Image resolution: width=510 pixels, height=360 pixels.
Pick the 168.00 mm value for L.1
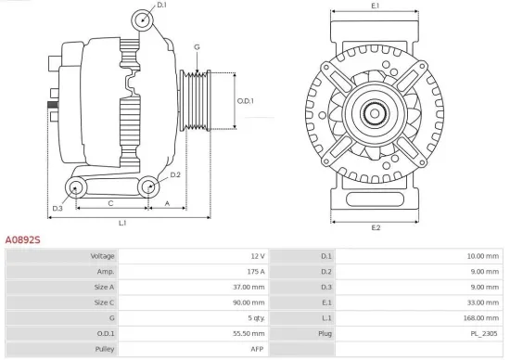pos(482,317)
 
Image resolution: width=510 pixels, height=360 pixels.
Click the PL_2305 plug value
pos(485,332)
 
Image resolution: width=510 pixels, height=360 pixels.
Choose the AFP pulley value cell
pos(258,348)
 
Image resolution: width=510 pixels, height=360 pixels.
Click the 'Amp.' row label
pos(105,271)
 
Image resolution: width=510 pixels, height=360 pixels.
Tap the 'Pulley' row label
pos(104,348)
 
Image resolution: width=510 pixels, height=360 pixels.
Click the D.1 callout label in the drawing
pos(161,6)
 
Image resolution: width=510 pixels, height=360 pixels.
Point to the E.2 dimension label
pos(376,227)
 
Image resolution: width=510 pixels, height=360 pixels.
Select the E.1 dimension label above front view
pos(375,6)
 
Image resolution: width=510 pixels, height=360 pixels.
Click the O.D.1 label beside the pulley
pos(245,100)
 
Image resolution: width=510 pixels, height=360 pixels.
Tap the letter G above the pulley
pos(197,46)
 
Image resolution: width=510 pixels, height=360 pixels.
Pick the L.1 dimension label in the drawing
pos(122,223)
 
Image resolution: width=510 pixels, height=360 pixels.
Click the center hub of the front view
pos(376,114)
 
